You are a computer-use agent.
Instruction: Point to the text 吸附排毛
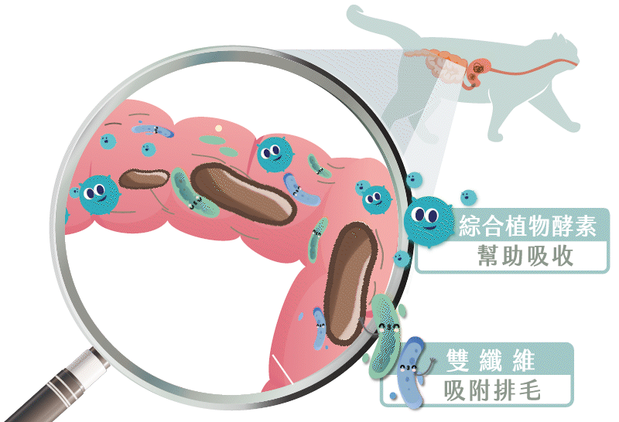pyautogui.click(x=491, y=390)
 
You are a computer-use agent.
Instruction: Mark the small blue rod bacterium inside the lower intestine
pyautogui.click(x=320, y=325)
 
